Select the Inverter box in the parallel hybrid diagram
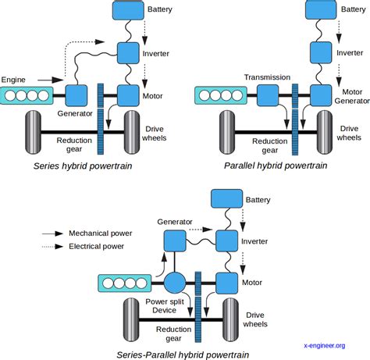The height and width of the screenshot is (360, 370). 322,53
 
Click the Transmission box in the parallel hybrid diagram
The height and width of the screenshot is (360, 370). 268,96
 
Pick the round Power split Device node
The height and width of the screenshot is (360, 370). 173,283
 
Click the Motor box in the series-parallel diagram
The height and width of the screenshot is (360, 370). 226,282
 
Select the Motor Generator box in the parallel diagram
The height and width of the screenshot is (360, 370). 321,96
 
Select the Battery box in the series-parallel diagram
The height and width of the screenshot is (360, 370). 226,201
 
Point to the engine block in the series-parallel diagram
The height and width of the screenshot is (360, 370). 123,283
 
